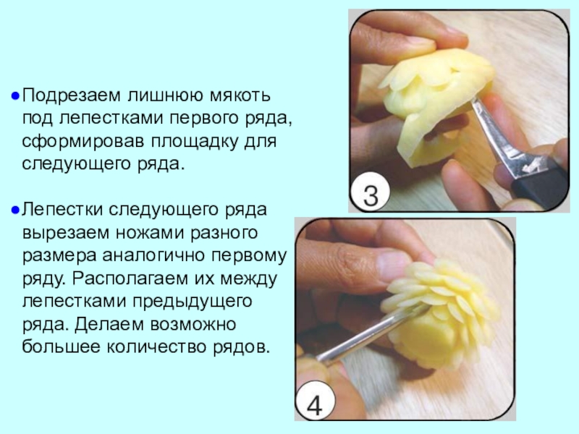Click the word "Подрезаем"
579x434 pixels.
[72, 95]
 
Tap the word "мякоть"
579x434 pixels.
[240, 95]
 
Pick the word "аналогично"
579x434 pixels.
[153, 256]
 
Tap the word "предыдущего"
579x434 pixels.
[193, 302]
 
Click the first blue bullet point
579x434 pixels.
[15, 96]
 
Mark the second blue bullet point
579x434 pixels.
[15, 210]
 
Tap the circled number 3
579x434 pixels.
[371, 195]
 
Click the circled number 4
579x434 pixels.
[314, 404]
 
